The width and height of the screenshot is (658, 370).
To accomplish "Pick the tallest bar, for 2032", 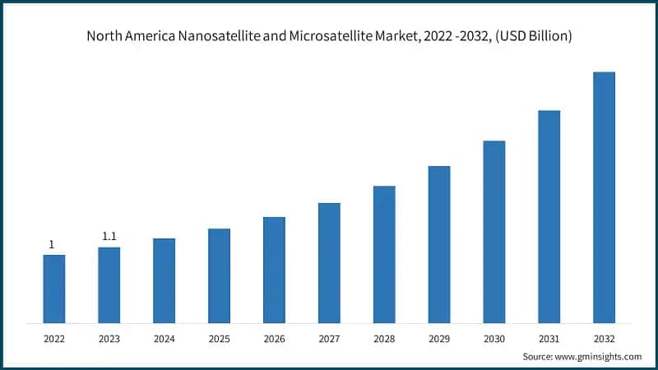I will [604, 197].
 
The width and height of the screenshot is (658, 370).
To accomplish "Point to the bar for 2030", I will [494, 231].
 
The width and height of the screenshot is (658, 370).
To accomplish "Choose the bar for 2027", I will [329, 262].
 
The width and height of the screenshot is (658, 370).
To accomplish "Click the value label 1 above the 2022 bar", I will [52, 244].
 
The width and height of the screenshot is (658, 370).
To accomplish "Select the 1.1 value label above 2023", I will [109, 237].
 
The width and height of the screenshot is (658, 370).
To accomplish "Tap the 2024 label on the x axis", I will [164, 338].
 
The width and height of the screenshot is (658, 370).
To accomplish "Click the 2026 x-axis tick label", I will [274, 338].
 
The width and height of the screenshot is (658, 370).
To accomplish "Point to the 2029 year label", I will [439, 338].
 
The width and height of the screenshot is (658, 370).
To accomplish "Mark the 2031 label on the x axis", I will [549, 338].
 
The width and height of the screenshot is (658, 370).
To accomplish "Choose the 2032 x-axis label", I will [604, 338].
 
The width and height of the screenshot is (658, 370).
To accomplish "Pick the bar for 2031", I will [549, 215].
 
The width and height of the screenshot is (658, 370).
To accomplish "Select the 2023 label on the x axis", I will [109, 338].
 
